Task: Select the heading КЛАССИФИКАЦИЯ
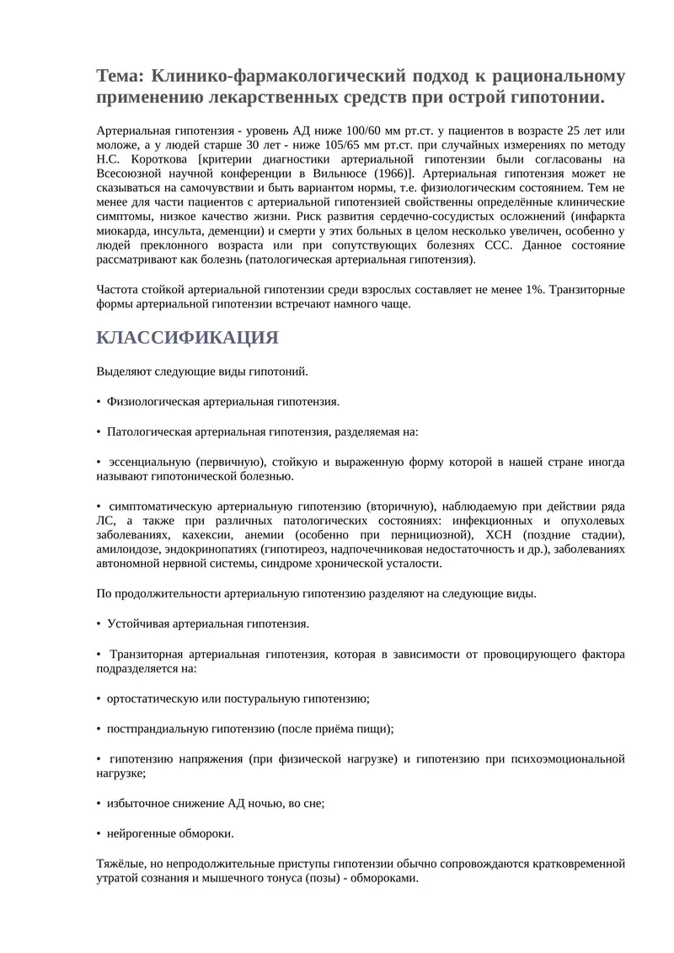(x=187, y=338)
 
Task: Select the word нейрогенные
(x=140, y=833)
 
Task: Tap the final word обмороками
(x=384, y=877)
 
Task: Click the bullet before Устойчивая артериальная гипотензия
(x=99, y=624)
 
